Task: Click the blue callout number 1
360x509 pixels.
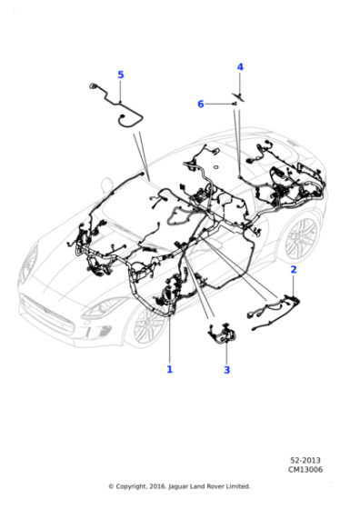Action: point(169,369)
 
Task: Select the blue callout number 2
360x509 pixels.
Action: point(293,270)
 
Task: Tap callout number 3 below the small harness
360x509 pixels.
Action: point(226,370)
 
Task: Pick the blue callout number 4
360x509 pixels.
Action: point(240,67)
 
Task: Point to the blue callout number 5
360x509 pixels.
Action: point(120,75)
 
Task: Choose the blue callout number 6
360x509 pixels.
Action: point(201,105)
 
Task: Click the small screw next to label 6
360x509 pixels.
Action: point(234,105)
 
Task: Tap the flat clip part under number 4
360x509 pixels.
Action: point(240,94)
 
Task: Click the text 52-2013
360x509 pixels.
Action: point(305,461)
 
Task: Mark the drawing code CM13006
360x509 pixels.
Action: point(305,470)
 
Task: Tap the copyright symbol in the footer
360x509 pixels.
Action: point(112,486)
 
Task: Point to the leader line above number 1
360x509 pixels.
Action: point(169,336)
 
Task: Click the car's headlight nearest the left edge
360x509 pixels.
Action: point(31,264)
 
